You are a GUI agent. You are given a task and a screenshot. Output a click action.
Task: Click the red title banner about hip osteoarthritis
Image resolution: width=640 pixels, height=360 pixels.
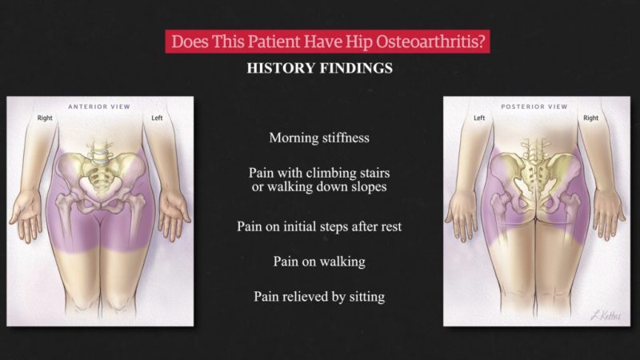(x=327, y=42)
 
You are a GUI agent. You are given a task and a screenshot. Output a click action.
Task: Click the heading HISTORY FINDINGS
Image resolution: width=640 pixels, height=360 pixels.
(x=319, y=68)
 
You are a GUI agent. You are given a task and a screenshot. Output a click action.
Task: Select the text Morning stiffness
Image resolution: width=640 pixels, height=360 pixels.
(x=319, y=138)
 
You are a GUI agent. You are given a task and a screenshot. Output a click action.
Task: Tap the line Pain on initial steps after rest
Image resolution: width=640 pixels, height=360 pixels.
(x=319, y=226)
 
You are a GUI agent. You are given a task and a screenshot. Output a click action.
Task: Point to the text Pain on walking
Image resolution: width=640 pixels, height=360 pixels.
(x=319, y=262)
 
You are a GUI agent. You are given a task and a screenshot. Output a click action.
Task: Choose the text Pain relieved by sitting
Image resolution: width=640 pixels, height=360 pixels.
(x=319, y=297)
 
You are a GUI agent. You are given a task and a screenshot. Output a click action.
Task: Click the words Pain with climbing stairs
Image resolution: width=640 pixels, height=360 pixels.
(x=319, y=173)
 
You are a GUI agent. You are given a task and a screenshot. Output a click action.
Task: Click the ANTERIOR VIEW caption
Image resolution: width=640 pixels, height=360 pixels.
(x=99, y=106)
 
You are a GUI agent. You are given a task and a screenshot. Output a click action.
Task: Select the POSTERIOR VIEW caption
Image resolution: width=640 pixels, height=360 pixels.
(x=534, y=106)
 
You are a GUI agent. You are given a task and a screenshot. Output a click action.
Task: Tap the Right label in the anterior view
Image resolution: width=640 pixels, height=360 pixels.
(x=45, y=118)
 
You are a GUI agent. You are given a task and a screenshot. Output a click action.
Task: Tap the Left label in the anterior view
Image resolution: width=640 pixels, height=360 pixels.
(x=157, y=118)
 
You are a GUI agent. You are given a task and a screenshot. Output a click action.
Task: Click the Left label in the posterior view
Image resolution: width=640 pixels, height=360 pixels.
(x=479, y=118)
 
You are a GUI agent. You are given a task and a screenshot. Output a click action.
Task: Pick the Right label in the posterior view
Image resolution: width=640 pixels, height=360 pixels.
(x=590, y=118)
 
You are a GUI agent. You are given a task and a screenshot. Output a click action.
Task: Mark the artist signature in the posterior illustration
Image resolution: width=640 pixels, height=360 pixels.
(x=606, y=315)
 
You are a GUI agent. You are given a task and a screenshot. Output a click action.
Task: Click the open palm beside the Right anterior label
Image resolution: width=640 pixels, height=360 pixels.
(x=26, y=214)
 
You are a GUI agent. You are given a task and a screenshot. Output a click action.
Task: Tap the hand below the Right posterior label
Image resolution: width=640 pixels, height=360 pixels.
(x=609, y=214)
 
